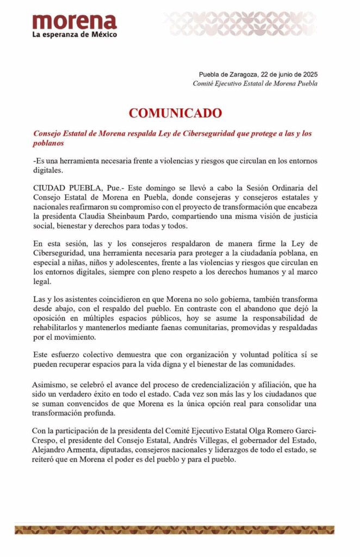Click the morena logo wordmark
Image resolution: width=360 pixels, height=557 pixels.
pyautogui.click(x=75, y=22)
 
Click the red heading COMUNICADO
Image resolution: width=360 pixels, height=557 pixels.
pyautogui.click(x=175, y=113)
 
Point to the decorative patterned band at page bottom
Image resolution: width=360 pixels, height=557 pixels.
pyautogui.click(x=175, y=529)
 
